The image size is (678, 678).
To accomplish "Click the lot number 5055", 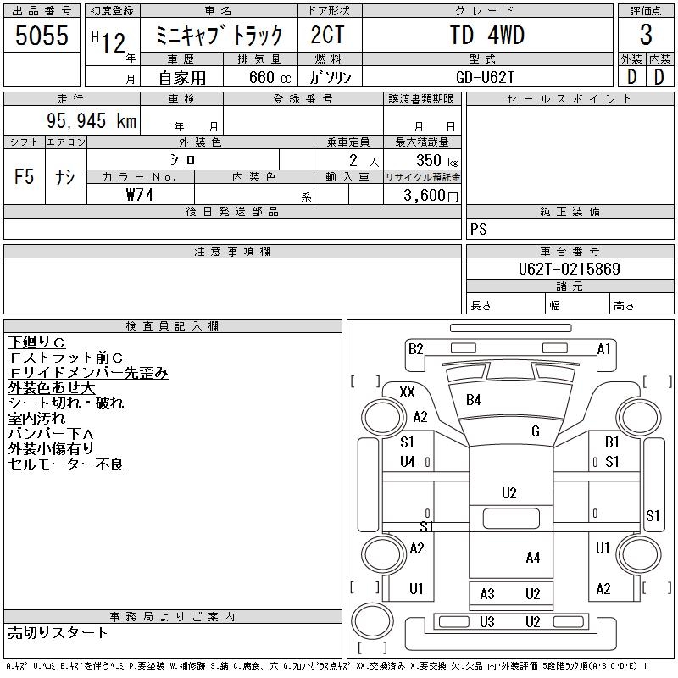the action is pyautogui.click(x=42, y=36).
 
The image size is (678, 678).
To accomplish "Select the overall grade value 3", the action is pyautogui.click(x=646, y=36).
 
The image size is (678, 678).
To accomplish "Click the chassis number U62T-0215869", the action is pyautogui.click(x=570, y=270).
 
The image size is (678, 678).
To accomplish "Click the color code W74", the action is pyautogui.click(x=140, y=194).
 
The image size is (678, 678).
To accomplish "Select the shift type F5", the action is pyautogui.click(x=24, y=177).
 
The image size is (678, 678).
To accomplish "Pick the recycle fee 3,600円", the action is pyautogui.click(x=429, y=195).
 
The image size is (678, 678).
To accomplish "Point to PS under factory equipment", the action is pyautogui.click(x=479, y=230).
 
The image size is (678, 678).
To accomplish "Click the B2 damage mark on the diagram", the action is pyautogui.click(x=415, y=348).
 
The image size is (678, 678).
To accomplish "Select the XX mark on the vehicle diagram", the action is pyautogui.click(x=407, y=392).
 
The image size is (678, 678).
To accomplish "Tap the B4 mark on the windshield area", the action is pyautogui.click(x=473, y=399).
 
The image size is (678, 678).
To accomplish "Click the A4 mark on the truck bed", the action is pyautogui.click(x=532, y=557).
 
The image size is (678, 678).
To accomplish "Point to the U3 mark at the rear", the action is pyautogui.click(x=486, y=622).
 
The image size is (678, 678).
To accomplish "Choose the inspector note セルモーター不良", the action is pyautogui.click(x=66, y=464).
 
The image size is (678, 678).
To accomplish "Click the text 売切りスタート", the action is pyautogui.click(x=58, y=632).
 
